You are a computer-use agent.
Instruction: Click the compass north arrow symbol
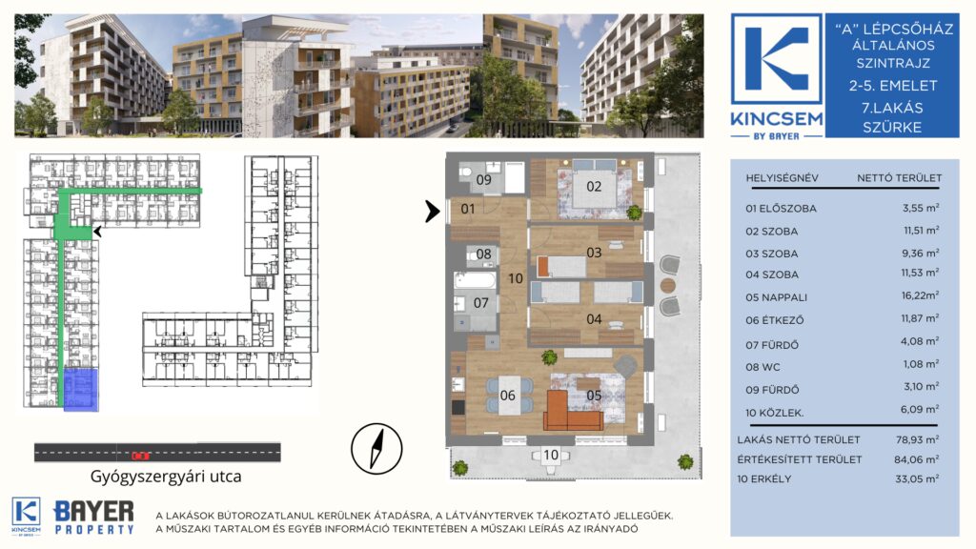pos(376,448)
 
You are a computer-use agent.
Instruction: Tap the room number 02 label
pos(594,186)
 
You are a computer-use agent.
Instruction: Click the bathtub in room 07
pos(475,280)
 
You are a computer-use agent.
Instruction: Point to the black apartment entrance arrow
pos(432,211)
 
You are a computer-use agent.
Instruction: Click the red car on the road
pos(141,456)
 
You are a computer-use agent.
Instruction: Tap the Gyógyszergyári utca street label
pos(166,477)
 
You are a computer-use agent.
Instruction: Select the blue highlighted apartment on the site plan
pos(81,389)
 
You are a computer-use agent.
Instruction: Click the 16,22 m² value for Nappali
pos(920,295)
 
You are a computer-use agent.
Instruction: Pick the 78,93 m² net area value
pos(917,438)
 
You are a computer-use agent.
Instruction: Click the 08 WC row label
pos(762,367)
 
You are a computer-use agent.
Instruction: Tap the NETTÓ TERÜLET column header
pos(899,178)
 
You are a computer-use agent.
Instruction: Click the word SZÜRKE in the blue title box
pos(892,128)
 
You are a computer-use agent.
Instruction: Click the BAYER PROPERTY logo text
pos(94,518)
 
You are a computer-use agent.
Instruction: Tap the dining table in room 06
pos(509,395)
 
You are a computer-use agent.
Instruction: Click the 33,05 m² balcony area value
pos(917,478)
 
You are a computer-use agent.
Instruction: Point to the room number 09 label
pos(483,180)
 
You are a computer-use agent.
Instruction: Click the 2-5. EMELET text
pos(892,86)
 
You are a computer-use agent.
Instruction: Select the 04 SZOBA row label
pos(772,274)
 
